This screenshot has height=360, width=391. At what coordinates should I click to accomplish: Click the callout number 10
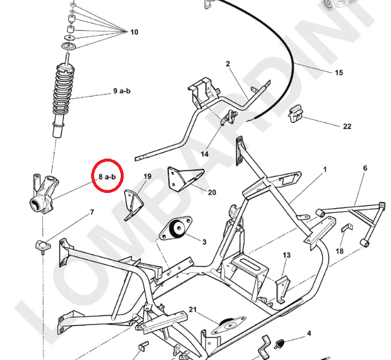pyautogui.click(x=133, y=32)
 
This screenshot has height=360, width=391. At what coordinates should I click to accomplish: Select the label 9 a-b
pyautogui.click(x=121, y=91)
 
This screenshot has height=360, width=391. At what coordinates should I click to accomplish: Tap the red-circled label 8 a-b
pyautogui.click(x=107, y=177)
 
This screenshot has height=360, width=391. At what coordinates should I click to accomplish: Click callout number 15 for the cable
pyautogui.click(x=339, y=72)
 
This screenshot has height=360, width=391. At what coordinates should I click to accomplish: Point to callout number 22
pyautogui.click(x=347, y=127)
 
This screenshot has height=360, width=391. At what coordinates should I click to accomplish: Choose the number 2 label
pyautogui.click(x=229, y=64)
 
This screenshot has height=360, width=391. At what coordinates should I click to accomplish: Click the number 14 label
pyautogui.click(x=205, y=154)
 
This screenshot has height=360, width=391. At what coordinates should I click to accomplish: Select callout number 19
pyautogui.click(x=147, y=177)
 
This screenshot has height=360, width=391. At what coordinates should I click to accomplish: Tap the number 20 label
pyautogui.click(x=212, y=193)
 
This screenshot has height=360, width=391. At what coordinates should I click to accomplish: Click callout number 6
pyautogui.click(x=364, y=168)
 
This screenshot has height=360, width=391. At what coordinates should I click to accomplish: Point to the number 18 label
pyautogui.click(x=340, y=251)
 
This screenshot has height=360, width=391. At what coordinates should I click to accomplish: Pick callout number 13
pyautogui.click(x=287, y=255)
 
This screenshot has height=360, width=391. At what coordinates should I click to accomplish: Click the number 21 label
pyautogui.click(x=193, y=309)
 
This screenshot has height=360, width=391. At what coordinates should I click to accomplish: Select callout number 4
pyautogui.click(x=309, y=333)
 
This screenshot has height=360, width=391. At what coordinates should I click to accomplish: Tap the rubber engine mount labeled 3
pyautogui.click(x=177, y=230)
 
